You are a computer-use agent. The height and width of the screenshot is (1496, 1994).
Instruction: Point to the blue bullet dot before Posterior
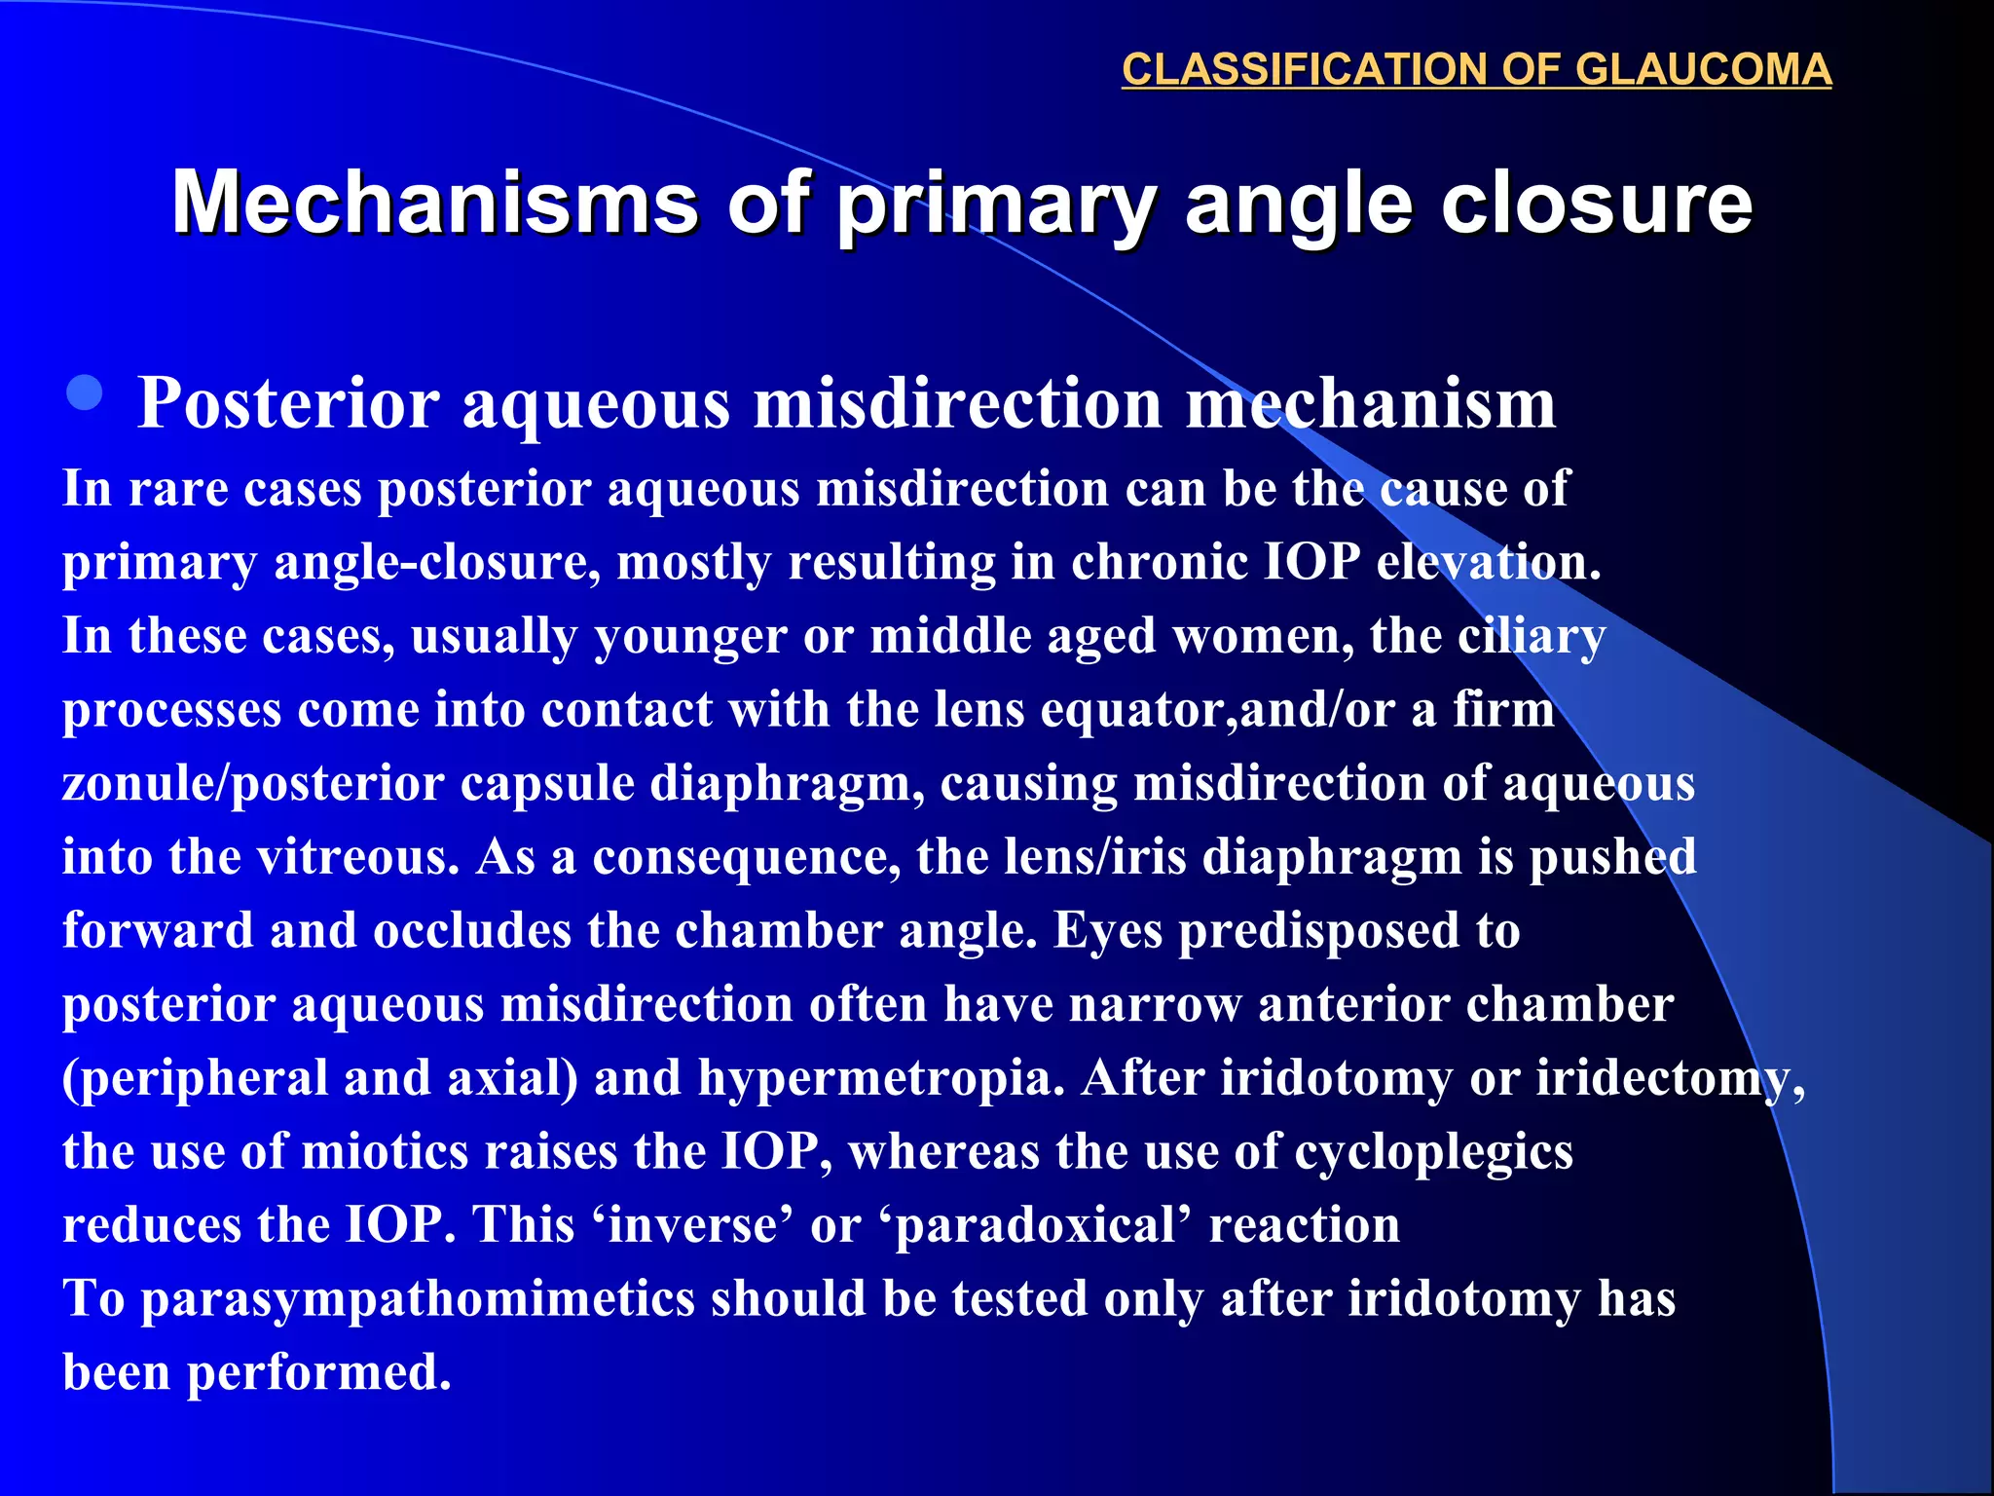(86, 393)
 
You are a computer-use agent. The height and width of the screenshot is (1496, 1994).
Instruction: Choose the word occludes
(471, 930)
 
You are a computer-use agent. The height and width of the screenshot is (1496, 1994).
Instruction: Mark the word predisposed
(1319, 932)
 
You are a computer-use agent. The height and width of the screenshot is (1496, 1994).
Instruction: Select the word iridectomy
(1669, 1079)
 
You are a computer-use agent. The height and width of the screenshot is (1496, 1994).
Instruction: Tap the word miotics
(386, 1152)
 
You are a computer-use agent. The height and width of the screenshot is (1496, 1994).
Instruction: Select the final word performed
(318, 1373)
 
